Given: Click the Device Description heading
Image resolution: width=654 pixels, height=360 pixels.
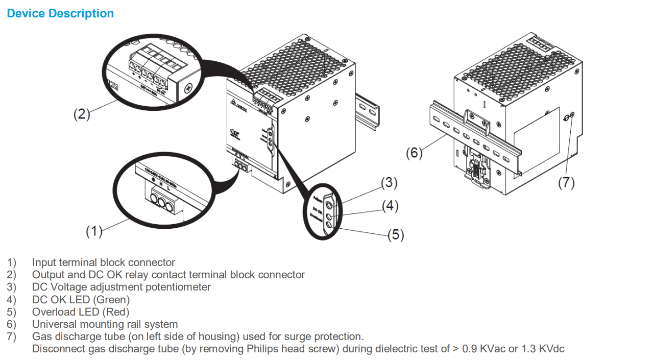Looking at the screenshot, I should click(x=60, y=14).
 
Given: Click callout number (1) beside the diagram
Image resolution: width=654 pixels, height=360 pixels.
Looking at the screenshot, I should click(x=94, y=231).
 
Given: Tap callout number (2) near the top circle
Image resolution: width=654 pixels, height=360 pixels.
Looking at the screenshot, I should click(x=81, y=114).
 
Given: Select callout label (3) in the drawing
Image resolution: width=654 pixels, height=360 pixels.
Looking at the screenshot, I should click(x=389, y=182).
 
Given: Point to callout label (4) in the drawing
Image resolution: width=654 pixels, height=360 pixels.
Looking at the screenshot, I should click(x=391, y=206).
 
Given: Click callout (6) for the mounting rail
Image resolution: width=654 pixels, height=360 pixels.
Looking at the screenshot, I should click(x=414, y=152).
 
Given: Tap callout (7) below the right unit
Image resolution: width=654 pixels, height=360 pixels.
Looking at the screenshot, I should click(x=566, y=183).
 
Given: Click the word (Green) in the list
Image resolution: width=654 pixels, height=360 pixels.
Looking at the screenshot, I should click(x=114, y=299).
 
